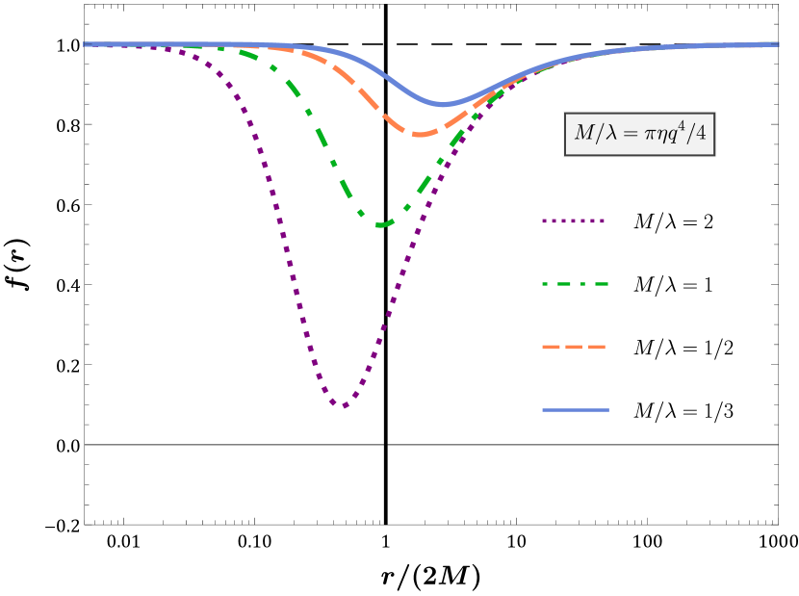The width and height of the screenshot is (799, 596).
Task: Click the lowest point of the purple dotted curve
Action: tap(342, 405)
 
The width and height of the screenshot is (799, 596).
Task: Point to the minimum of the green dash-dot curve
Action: tap(381, 224)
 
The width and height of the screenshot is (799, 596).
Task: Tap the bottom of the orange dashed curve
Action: tap(421, 134)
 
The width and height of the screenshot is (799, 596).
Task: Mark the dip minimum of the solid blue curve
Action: tap(444, 104)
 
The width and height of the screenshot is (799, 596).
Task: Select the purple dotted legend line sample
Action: tap(574, 221)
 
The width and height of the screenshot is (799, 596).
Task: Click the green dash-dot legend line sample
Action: tap(575, 284)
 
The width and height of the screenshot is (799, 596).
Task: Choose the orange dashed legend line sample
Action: tap(575, 347)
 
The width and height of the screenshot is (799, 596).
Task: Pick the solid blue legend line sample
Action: tap(575, 410)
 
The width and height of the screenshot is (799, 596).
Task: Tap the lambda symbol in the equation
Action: tap(606, 134)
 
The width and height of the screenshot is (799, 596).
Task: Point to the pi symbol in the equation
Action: tap(646, 135)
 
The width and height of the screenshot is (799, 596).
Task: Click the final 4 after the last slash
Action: tap(700, 134)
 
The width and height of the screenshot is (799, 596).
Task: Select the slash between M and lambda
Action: tap(597, 134)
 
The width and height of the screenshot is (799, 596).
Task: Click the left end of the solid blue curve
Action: tap(85, 43)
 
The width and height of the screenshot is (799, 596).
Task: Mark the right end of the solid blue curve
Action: tap(778, 43)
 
